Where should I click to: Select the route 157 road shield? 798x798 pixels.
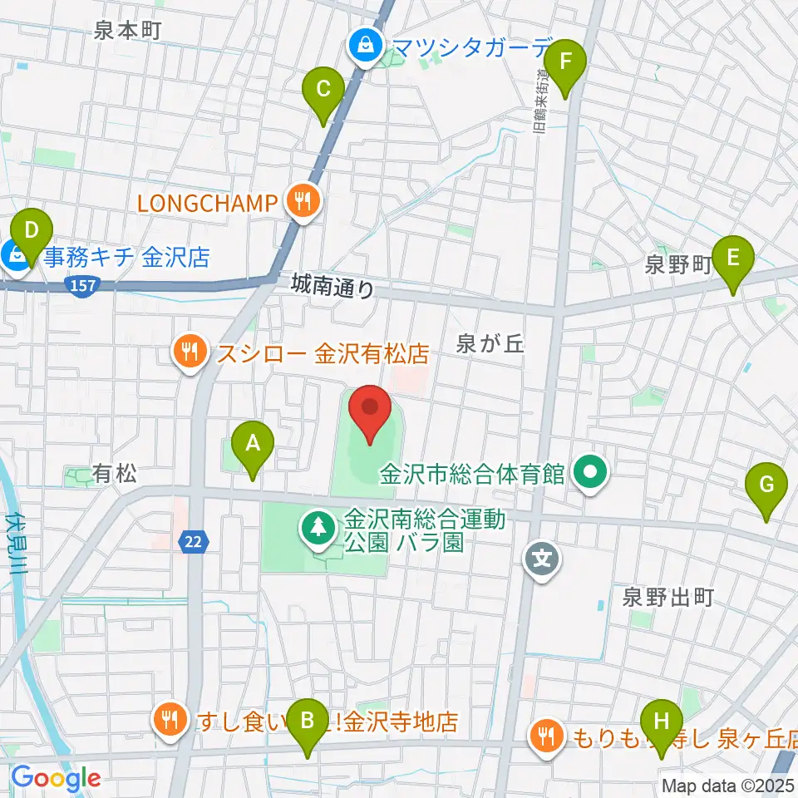[77, 284]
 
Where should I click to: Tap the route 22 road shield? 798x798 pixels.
[194, 542]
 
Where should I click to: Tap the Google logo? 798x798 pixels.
[56, 778]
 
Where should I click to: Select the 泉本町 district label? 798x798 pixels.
[127, 30]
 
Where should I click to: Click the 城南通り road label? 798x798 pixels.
[333, 286]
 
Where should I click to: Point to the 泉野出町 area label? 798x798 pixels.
[669, 596]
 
